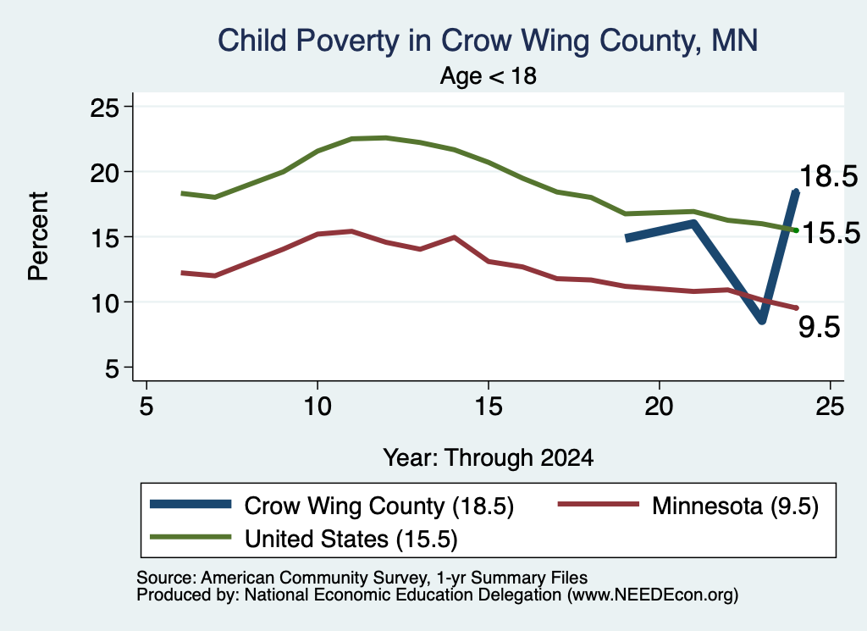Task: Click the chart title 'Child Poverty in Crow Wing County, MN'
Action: pos(488,42)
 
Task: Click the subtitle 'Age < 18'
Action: pos(489,75)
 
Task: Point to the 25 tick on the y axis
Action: pos(104,107)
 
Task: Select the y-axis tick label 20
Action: pos(104,172)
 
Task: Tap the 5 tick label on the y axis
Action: pos(112,368)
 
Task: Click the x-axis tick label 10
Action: pos(318,407)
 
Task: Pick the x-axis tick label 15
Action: pos(489,407)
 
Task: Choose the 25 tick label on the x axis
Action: pos(830,407)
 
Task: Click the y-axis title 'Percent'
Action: pos(38,236)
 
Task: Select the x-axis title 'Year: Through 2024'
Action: pos(489,458)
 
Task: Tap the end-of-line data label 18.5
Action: pos(828,176)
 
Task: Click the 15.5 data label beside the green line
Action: pos(831,233)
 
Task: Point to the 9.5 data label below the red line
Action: pos(820,328)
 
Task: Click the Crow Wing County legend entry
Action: pos(332,506)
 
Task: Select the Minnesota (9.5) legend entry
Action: pos(688,506)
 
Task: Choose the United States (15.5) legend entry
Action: pos(304,539)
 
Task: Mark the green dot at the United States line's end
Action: pos(796,230)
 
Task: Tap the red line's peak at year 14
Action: pos(454,237)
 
